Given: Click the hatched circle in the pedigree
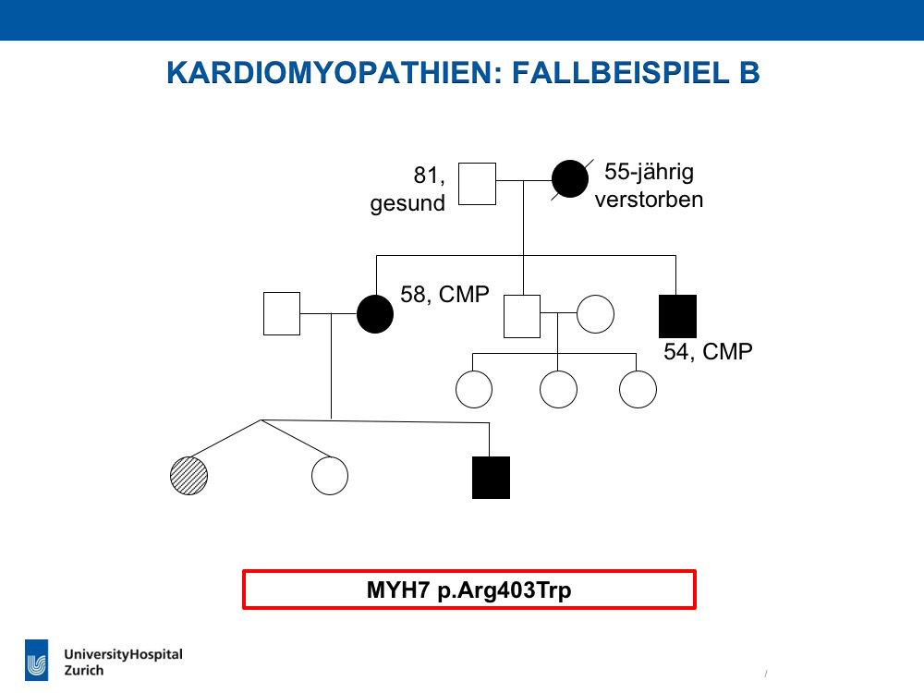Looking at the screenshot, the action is pos(189,476).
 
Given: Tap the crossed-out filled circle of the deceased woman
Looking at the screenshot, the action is pos(570,178).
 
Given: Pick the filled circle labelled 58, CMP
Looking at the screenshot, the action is pos(375,314).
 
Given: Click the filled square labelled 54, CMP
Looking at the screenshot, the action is pos(677,316).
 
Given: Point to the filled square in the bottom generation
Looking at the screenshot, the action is pos(491,478).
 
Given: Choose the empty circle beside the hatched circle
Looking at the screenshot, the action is pos(330,476).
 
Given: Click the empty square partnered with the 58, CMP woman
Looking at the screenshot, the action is pos(282,313).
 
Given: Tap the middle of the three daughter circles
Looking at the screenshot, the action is pos(559,389).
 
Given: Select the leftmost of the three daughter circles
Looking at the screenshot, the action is pos(474,389).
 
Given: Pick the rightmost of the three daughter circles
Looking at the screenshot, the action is pos(638,389).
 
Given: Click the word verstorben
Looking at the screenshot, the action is pos(649,200).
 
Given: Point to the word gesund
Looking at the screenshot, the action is pos(407,204).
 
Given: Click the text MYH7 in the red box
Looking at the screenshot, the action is pos(398,590).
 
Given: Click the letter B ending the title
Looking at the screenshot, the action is pos(749,73).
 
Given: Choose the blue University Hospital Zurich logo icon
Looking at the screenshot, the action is pos(37,660).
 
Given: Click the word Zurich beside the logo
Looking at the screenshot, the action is pos(84,671).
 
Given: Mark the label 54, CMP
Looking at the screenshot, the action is pos(709,352).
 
